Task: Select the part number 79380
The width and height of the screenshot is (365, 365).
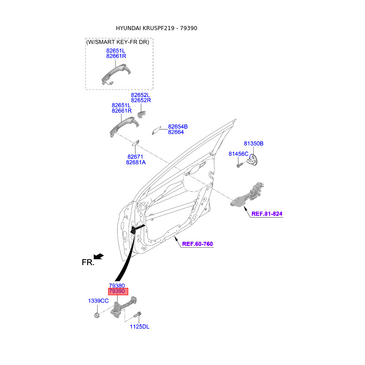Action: [x=116, y=285]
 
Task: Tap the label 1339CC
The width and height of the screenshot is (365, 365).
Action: [x=98, y=301]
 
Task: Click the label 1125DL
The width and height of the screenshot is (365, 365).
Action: [x=140, y=327]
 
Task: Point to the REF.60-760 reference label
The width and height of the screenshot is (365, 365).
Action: [x=198, y=244]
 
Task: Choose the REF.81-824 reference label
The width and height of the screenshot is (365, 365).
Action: [x=267, y=214]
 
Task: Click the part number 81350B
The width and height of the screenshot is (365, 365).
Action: [x=253, y=143]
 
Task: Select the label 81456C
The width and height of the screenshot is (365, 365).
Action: [x=238, y=154]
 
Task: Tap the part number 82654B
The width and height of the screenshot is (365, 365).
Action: [x=178, y=126]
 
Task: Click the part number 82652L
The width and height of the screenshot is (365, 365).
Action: [x=141, y=94]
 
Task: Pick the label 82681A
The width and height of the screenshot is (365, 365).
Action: [x=136, y=162]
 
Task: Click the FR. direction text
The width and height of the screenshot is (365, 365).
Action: [x=88, y=262]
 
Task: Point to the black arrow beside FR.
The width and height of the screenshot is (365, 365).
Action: [x=99, y=256]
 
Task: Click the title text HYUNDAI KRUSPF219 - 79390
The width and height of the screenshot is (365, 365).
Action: [x=156, y=28]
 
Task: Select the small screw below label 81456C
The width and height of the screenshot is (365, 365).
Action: [x=239, y=166]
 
